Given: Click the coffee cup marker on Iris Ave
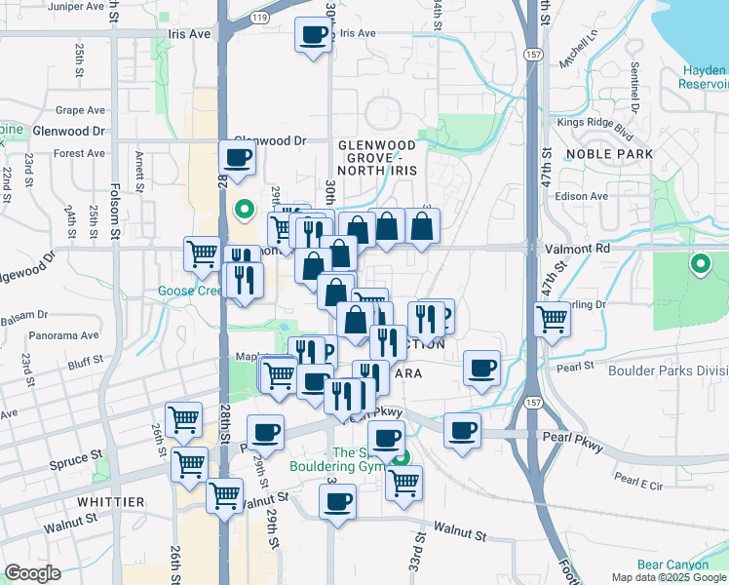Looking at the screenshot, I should pos(314,37).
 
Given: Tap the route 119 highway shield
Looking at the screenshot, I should pos(259,18).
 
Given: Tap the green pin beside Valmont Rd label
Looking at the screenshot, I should pos(699,263).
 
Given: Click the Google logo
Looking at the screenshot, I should pos(32,573).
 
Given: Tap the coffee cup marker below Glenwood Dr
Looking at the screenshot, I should pos(238,157).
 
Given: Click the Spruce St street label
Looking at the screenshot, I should pos(77,455).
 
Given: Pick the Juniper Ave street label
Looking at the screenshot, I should pos(44,5).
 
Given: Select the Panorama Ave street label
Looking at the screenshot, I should pos(64,334).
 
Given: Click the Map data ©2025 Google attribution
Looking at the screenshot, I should pos(667,577).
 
